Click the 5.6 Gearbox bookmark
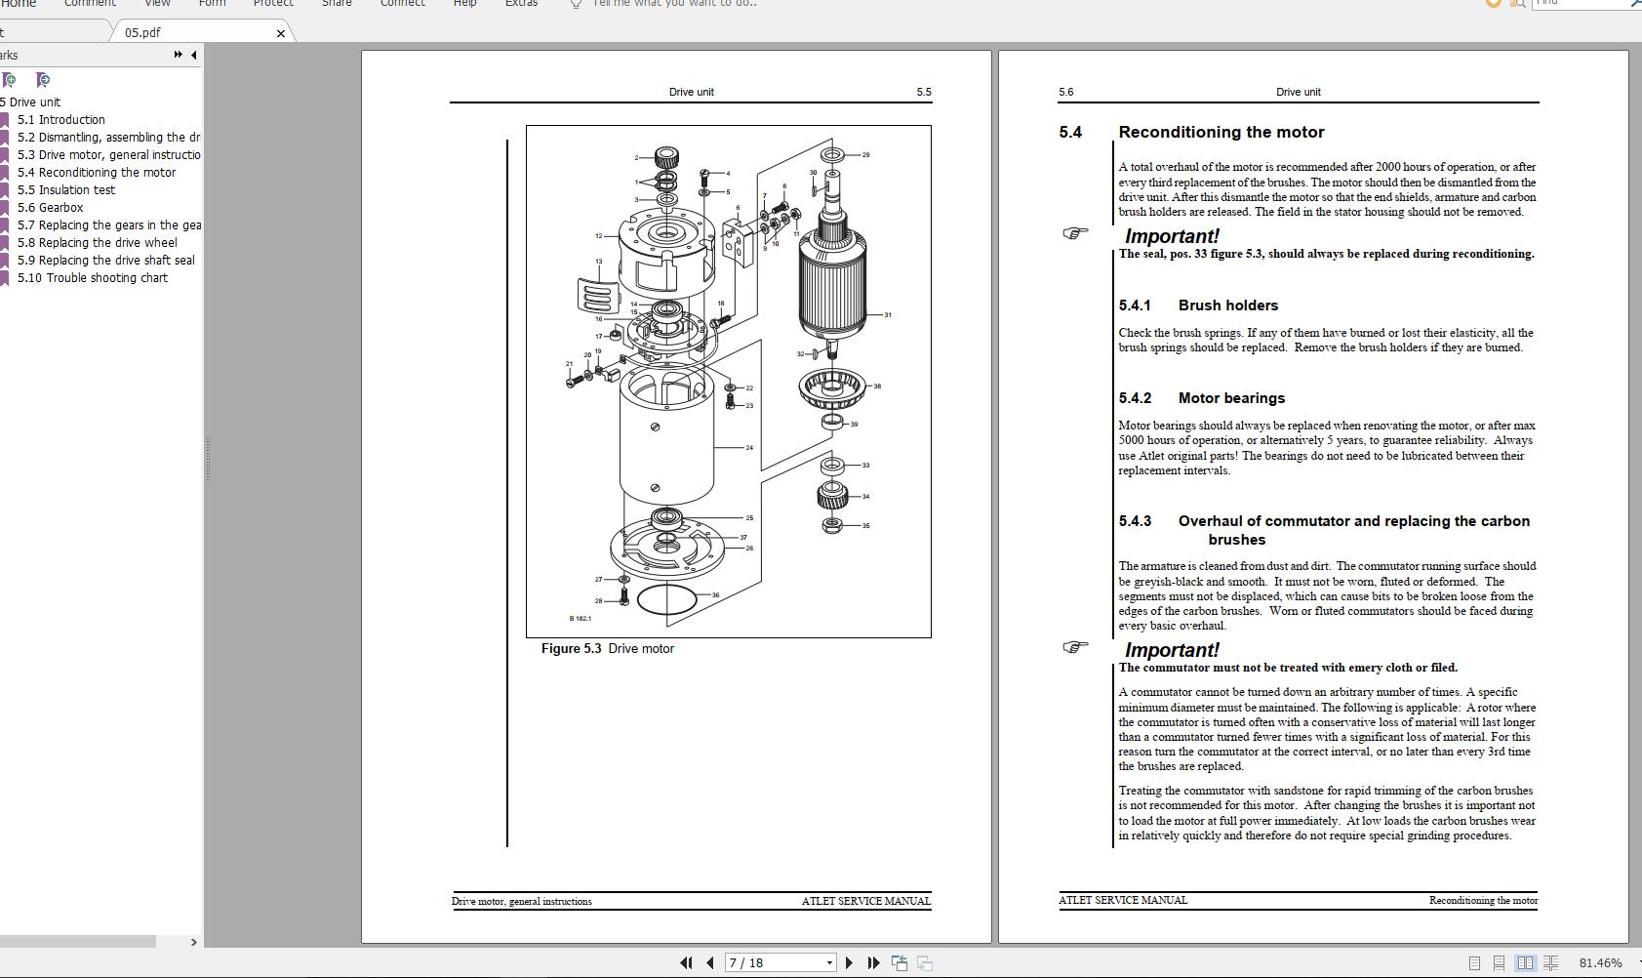(60, 208)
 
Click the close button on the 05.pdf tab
(281, 33)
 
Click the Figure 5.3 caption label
(607, 649)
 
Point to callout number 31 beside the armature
(888, 315)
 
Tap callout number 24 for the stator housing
(749, 448)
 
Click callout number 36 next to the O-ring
(715, 595)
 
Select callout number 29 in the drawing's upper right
(865, 155)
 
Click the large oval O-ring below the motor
(667, 600)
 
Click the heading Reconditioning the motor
(1221, 133)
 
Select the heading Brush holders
(1227, 306)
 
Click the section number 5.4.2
(1135, 398)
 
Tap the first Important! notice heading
(1171, 236)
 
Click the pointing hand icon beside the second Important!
(1074, 647)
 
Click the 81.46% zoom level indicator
(1600, 963)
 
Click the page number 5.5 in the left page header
(923, 93)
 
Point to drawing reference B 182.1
(581, 619)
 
